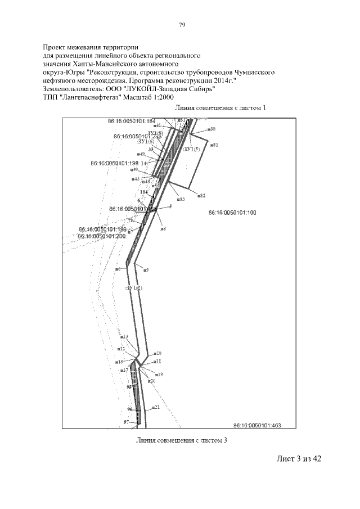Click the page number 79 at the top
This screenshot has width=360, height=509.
click(182, 25)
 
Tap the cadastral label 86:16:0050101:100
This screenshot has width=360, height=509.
click(232, 213)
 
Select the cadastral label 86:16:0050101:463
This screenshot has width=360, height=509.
click(256, 425)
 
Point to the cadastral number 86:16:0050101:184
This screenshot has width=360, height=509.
click(131, 121)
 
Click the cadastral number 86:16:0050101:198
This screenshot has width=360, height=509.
click(114, 163)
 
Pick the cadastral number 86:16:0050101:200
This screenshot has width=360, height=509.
click(102, 236)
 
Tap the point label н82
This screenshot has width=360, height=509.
click(201, 195)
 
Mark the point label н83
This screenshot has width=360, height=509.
click(181, 199)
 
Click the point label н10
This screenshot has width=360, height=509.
click(158, 353)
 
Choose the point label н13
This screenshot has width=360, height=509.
click(124, 337)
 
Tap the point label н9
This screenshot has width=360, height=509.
click(146, 270)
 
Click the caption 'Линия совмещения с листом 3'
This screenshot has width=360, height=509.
click(181, 440)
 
